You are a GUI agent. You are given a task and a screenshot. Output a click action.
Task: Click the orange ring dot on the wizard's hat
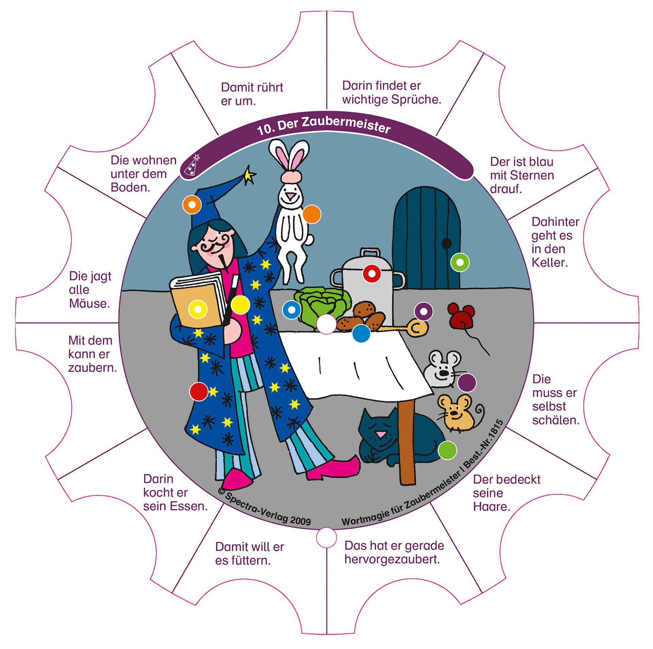(x=192, y=205)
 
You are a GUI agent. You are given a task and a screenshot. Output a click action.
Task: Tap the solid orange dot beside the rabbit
(x=312, y=214)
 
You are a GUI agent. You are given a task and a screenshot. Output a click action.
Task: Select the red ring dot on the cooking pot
(x=372, y=273)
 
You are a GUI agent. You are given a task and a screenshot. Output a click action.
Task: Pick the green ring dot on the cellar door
(x=460, y=262)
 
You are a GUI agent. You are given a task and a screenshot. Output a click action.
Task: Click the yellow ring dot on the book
(x=198, y=309)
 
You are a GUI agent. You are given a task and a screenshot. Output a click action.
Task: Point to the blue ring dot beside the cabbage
(x=291, y=310)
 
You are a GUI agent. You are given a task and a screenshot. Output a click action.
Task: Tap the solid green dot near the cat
(x=447, y=450)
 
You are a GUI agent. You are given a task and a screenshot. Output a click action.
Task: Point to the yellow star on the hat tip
(x=249, y=175)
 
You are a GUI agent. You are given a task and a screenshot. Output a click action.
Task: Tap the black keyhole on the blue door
(x=446, y=243)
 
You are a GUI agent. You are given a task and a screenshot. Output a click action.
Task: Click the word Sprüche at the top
(x=416, y=100)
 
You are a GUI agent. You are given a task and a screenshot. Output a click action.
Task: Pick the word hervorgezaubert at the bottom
(x=392, y=559)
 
